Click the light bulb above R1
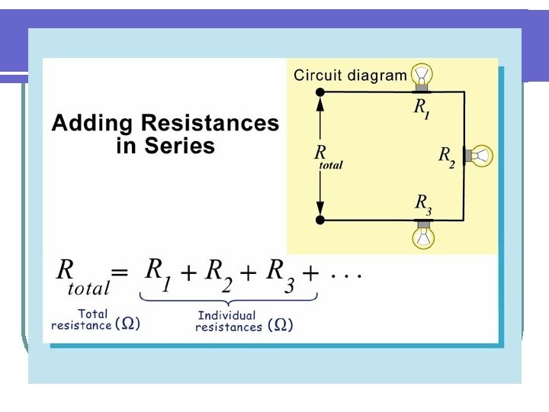[422, 75]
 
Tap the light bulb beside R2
[481, 156]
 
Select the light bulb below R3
[422, 236]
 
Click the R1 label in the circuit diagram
[422, 108]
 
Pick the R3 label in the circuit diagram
[423, 204]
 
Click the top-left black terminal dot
[320, 92]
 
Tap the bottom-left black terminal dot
[320, 220]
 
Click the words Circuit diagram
[350, 75]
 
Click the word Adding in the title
[91, 124]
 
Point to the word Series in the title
[182, 146]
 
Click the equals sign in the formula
[120, 272]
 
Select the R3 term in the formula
[277, 274]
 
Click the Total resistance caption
[95, 319]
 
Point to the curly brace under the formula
[228, 299]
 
